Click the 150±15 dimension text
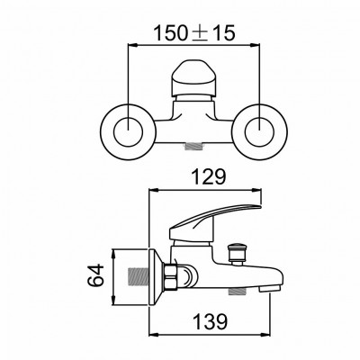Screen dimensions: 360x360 [194, 33]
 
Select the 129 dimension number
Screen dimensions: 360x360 [209, 177]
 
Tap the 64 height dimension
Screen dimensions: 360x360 [95, 274]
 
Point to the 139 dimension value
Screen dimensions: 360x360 [211, 321]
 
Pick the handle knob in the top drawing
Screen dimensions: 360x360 [194, 79]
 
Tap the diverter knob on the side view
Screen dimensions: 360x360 [238, 254]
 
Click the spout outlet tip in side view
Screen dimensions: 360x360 [269, 289]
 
